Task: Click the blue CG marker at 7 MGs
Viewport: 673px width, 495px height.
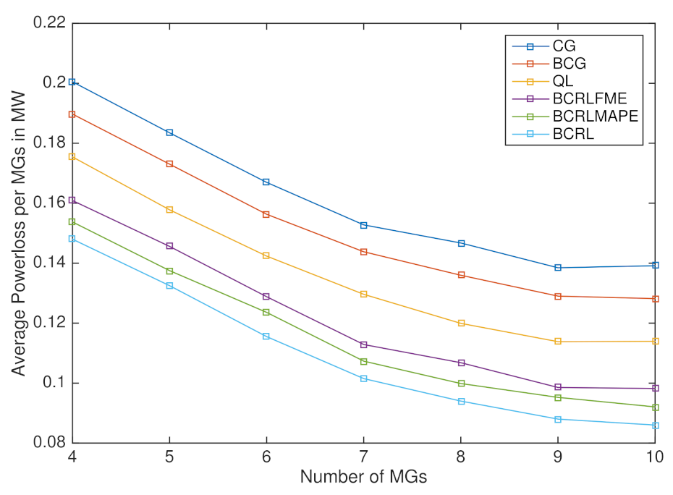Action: coord(363,225)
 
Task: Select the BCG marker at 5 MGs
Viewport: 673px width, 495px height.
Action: coord(169,164)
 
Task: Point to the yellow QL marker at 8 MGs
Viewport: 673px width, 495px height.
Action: coord(461,323)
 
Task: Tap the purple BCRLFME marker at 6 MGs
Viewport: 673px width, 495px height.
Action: coord(266,297)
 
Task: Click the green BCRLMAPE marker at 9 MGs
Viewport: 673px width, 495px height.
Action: coord(558,397)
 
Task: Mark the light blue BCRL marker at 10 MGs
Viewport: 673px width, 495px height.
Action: coord(655,426)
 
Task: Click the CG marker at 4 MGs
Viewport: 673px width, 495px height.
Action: coord(72,82)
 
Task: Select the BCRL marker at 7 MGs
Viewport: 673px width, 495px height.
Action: coord(363,378)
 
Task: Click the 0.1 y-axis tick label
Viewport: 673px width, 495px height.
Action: coord(55,383)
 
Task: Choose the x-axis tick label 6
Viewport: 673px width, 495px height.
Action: coord(266,459)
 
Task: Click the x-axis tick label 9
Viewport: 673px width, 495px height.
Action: coord(558,459)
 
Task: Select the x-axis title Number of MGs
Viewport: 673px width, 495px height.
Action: coord(363,478)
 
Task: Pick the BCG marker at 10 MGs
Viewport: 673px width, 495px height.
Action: coord(655,299)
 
